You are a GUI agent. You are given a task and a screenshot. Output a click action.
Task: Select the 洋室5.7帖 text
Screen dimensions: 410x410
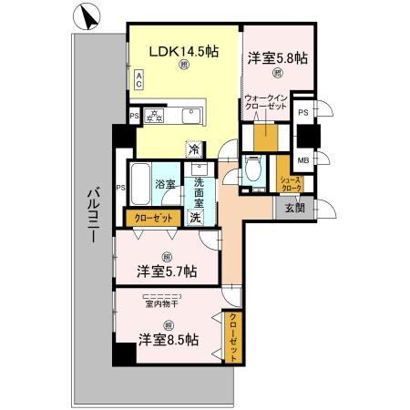(x=169, y=271)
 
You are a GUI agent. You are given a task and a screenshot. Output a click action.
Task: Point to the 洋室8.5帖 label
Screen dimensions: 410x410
(x=169, y=339)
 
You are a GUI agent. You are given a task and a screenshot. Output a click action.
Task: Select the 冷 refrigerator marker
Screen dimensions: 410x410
(x=194, y=148)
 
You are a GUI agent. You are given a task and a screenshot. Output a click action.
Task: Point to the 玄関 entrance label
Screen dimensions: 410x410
(x=294, y=208)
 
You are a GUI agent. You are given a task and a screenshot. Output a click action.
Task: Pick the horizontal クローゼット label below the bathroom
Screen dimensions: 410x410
(x=150, y=218)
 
